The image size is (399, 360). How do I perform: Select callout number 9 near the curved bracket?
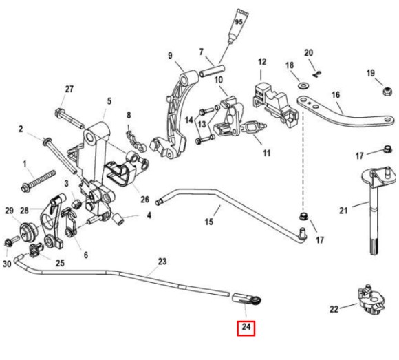click(169, 56)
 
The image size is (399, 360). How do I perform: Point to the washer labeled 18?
click(303, 86)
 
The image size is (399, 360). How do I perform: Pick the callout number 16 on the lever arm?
click(336, 95)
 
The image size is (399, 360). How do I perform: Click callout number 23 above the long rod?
click(162, 262)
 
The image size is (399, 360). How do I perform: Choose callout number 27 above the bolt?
click(69, 89)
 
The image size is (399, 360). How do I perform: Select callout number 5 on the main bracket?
click(108, 102)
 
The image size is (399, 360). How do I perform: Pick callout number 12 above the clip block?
click(261, 63)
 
